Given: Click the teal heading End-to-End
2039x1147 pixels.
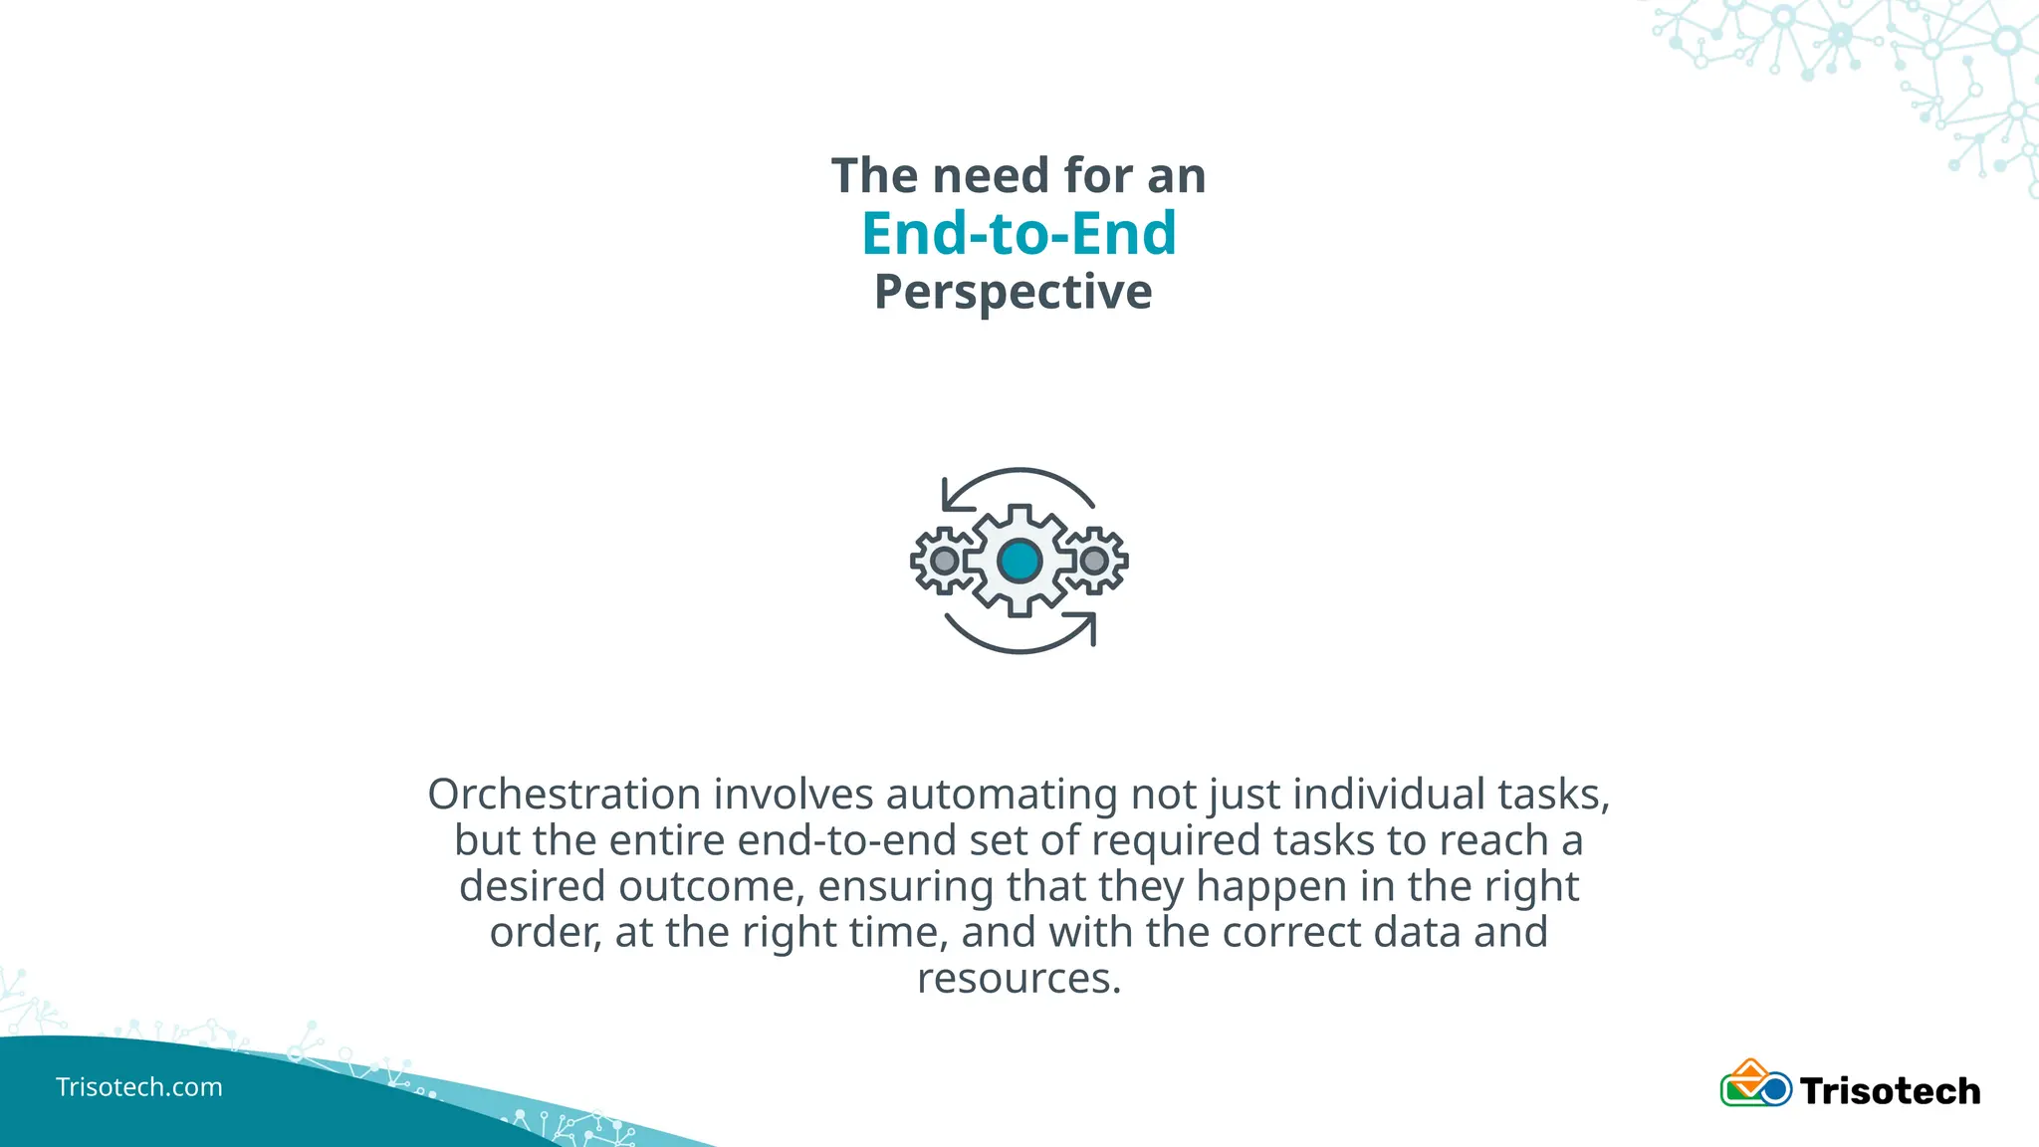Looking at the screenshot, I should click(1019, 234).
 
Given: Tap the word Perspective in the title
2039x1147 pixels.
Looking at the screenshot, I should click(1013, 293).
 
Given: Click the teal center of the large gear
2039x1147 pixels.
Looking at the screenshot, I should click(1019, 561).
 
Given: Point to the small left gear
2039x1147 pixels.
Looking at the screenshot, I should click(943, 561).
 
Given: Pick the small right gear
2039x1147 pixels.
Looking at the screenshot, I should click(1094, 561).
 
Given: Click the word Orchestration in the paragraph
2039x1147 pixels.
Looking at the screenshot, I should click(565, 795).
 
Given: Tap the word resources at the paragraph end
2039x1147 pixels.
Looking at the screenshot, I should click(1019, 978).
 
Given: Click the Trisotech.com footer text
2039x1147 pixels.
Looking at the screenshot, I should click(139, 1087).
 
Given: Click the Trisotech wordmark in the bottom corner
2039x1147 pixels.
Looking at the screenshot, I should click(1890, 1091).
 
